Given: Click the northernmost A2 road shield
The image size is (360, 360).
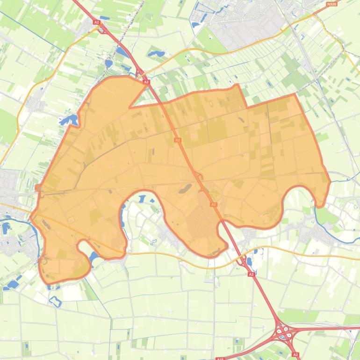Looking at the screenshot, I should (x=96, y=22).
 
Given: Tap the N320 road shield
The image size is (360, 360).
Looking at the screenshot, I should (x=332, y=4).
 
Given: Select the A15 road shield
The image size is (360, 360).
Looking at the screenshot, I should (x=220, y=359).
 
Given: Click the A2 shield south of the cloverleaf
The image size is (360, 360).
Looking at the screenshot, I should (x=296, y=355).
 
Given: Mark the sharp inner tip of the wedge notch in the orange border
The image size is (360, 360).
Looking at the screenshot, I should (x=130, y=107).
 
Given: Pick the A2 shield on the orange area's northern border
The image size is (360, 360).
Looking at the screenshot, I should (x=146, y=82).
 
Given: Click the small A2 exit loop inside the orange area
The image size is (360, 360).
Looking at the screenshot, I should (x=200, y=177).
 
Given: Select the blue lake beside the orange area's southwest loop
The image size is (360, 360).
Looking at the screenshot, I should (x=94, y=257).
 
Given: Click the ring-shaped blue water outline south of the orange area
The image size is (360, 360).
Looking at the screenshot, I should (x=55, y=301).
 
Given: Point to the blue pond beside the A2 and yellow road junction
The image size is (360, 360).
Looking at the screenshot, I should (x=248, y=262).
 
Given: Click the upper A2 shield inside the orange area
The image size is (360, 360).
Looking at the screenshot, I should (x=177, y=140).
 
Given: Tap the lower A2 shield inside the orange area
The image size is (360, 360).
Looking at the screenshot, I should (x=213, y=204).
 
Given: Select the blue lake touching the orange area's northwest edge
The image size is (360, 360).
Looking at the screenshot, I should (x=69, y=120).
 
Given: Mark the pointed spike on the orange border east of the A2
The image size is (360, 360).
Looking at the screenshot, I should (x=238, y=86).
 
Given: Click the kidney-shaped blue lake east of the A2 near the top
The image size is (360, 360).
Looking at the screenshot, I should (x=156, y=54).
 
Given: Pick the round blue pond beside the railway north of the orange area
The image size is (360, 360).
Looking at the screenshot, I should (x=108, y=63).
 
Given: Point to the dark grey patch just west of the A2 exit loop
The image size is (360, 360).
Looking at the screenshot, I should (x=185, y=188).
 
